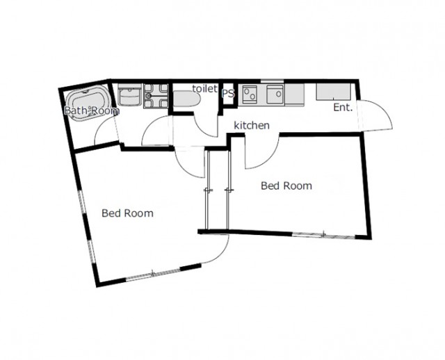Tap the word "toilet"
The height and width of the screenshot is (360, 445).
(204, 88)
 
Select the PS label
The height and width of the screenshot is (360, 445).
(228, 93)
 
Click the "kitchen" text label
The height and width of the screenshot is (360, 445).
(252, 125)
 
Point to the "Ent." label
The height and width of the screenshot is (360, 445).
(343, 108)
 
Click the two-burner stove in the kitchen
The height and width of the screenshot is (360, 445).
(250, 95)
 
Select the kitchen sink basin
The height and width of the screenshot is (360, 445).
(275, 95)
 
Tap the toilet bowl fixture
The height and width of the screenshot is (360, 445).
(186, 99)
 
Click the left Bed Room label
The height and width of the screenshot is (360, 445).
(127, 213)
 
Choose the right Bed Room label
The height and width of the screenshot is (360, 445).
(286, 186)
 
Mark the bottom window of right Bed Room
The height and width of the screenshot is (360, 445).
(323, 235)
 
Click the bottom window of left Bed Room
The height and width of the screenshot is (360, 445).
(153, 274)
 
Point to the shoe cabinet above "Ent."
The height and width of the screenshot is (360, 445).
(334, 92)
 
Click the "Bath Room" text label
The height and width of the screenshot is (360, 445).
(92, 111)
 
